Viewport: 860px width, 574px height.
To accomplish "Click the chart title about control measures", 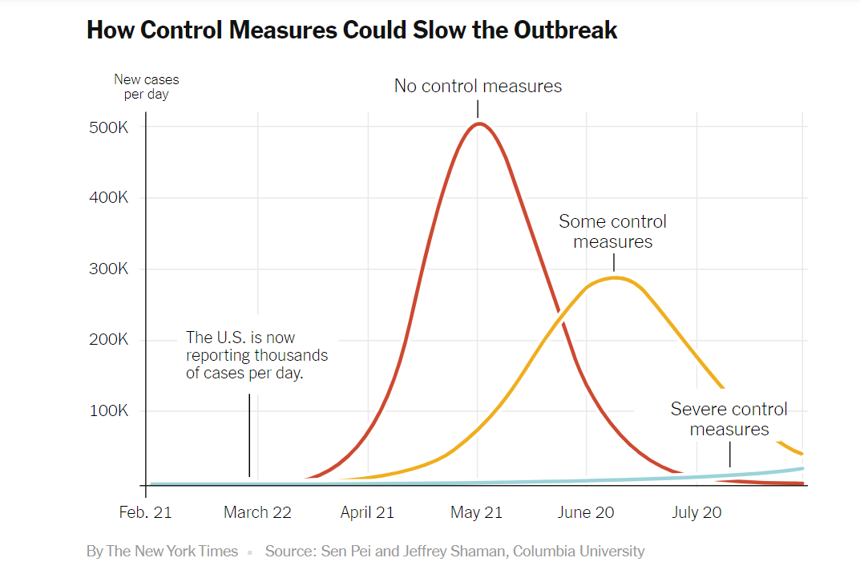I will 352,30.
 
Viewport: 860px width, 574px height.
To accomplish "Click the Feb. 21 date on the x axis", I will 145,512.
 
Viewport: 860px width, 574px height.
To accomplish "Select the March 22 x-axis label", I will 257,512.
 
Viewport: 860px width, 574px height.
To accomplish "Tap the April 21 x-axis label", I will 367,512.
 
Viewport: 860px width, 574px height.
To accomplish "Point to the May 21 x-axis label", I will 477,512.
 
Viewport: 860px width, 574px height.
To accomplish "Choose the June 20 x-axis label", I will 586,512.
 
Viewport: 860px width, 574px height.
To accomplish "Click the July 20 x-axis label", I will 696,512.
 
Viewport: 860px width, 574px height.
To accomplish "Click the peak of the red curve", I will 478,123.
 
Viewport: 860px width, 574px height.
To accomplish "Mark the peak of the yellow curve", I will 614,277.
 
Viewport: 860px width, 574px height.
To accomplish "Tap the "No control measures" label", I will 478,86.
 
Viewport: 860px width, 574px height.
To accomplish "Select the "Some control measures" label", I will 612,231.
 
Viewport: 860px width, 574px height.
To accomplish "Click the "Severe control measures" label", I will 729,419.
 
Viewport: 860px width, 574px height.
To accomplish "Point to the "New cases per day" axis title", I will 146,87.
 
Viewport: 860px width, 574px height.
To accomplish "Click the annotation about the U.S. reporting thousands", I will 256,355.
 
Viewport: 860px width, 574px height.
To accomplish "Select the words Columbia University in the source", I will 579,552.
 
